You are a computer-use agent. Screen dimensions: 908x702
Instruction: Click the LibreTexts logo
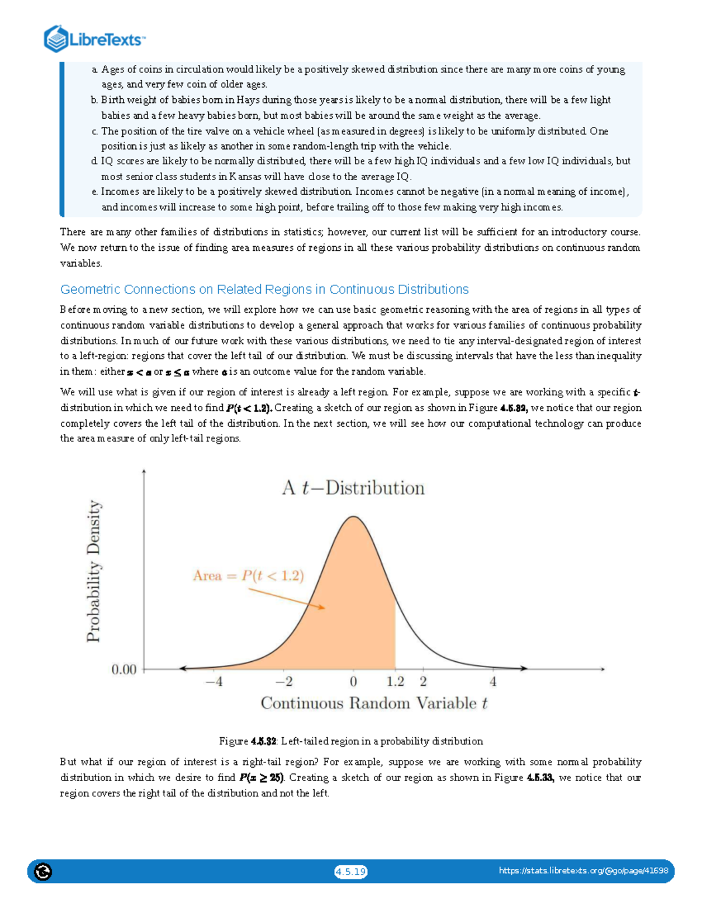point(94,39)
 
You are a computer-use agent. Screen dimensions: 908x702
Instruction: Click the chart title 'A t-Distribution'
point(353,488)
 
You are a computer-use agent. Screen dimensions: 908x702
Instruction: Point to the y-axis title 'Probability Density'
point(94,571)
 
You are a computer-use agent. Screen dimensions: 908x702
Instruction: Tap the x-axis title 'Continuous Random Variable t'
point(374,703)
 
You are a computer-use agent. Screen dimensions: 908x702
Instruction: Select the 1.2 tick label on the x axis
point(395,682)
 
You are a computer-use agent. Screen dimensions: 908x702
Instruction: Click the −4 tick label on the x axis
point(214,682)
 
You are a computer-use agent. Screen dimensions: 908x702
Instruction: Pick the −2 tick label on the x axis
point(284,682)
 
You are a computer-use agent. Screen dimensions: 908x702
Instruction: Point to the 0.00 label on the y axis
point(124,669)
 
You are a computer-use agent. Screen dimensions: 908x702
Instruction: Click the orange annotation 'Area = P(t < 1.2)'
point(249,576)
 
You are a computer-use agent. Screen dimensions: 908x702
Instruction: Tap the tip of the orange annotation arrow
point(324,608)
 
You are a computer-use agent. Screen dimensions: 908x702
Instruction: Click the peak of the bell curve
point(353,517)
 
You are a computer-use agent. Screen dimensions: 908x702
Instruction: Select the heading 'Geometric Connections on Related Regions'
point(264,289)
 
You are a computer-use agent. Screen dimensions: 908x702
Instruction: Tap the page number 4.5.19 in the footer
point(350,872)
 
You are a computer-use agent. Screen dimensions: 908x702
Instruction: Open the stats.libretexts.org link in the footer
point(583,871)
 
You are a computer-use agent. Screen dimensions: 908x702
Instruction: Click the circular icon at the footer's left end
point(43,872)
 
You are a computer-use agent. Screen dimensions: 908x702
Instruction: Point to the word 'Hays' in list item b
point(248,100)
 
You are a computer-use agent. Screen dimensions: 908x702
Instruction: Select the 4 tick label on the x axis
point(493,682)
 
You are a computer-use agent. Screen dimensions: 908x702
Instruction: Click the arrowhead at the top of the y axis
point(144,471)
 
